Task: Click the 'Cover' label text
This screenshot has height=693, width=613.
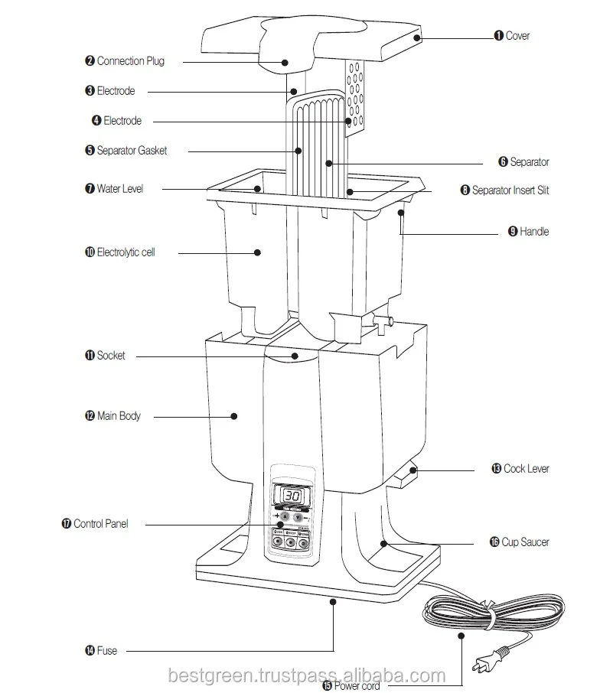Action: [x=517, y=36]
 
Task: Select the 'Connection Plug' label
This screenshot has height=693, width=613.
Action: [x=130, y=61]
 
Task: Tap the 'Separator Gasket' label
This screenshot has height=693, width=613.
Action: [x=131, y=151]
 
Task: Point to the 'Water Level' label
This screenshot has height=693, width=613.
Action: [x=119, y=188]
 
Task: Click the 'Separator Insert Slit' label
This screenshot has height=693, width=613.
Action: [x=510, y=190]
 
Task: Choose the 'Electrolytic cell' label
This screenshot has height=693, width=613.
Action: [x=126, y=252]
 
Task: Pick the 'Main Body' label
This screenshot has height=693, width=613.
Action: [x=119, y=416]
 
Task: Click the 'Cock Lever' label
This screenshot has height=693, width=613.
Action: [x=526, y=468]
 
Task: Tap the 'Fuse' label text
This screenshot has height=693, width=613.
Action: [x=107, y=651]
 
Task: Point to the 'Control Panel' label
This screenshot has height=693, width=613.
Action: [x=101, y=524]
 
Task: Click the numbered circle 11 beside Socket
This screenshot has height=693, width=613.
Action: [x=90, y=356]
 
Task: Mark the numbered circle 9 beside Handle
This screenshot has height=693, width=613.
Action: [x=513, y=232]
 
